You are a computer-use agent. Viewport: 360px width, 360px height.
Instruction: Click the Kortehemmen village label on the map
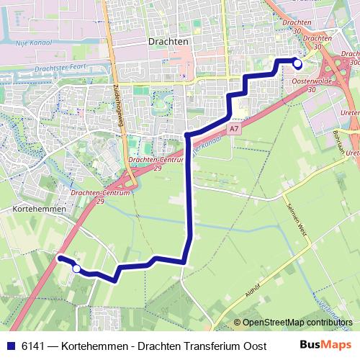pos(39,208)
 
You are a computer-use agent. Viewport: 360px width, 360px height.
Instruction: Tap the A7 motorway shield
pos(233,129)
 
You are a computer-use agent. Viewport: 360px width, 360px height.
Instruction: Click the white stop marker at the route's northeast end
pos(297,64)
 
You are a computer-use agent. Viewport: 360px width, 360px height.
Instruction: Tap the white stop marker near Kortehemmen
pos(76,269)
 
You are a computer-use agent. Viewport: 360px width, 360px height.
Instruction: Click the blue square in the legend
pos(11,346)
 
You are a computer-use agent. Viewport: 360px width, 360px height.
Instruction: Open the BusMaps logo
pos(324,346)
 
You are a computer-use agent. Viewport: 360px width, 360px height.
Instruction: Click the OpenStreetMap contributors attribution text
pos(295,323)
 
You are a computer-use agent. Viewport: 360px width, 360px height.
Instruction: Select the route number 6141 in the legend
pos(32,346)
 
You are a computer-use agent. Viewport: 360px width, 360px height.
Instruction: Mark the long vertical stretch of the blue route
pos(189,194)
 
